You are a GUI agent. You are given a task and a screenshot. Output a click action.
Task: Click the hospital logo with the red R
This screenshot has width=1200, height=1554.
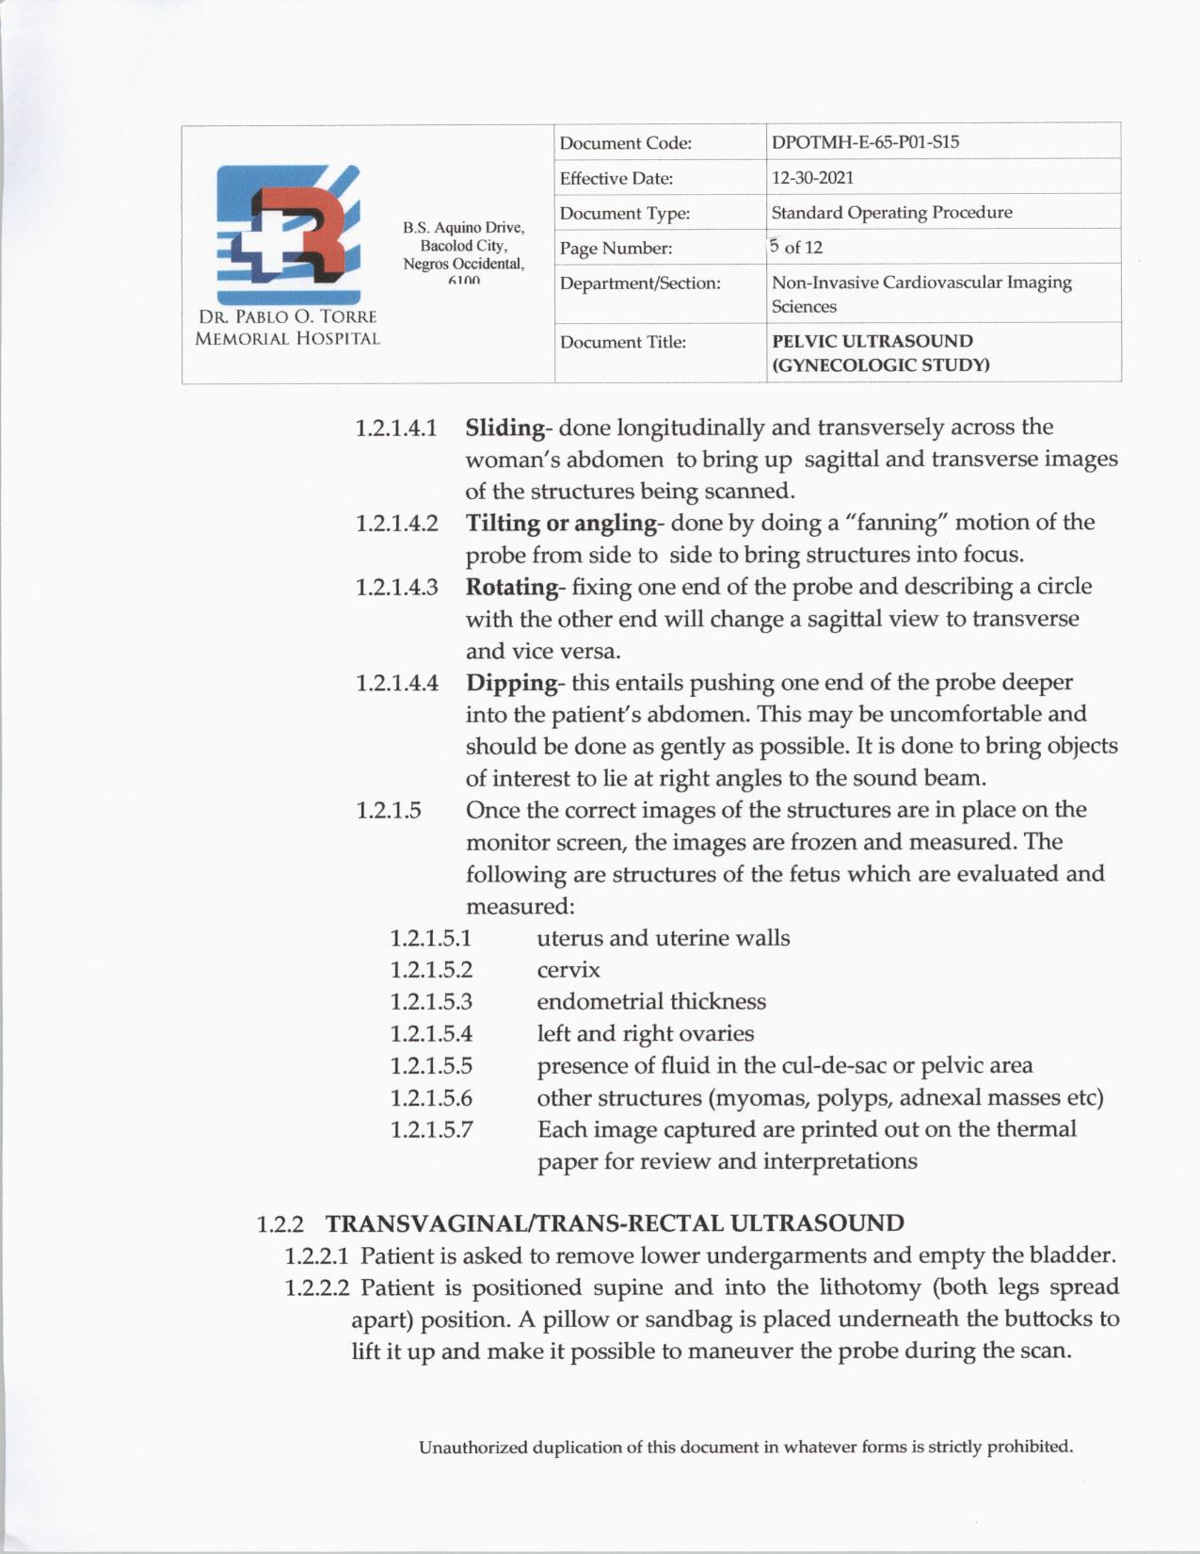click(287, 234)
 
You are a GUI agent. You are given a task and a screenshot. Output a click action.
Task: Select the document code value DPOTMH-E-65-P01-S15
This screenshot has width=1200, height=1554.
click(865, 142)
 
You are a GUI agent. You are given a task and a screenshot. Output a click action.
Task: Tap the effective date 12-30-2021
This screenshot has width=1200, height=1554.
click(812, 177)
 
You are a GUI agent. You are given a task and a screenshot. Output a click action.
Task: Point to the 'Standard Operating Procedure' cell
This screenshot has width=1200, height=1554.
click(891, 212)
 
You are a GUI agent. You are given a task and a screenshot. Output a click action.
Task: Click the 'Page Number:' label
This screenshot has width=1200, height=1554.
click(616, 249)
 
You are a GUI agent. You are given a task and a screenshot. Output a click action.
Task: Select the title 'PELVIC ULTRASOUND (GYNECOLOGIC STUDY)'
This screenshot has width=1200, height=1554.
click(880, 353)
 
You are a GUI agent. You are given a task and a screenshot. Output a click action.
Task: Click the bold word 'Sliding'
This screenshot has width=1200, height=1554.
click(504, 428)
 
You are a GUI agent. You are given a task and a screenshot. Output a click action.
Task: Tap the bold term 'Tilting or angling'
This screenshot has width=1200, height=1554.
click(561, 523)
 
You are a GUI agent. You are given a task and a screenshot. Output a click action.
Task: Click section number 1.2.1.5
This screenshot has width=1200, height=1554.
click(389, 811)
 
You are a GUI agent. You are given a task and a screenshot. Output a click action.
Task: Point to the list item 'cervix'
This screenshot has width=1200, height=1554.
click(568, 970)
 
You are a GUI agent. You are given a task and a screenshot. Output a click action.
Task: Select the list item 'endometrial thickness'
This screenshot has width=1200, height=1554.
click(651, 1002)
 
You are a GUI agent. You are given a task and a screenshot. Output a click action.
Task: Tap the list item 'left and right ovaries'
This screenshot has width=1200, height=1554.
click(645, 1034)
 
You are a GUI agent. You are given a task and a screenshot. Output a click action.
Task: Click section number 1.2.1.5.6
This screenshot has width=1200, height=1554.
click(431, 1098)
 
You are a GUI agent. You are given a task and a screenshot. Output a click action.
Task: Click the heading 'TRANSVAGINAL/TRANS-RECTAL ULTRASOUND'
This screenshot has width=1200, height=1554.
click(615, 1223)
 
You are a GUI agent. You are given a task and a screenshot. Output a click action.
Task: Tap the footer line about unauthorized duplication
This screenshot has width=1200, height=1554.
click(745, 1447)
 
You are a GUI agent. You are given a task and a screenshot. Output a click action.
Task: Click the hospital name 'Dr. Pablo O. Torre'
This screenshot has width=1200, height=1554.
click(287, 317)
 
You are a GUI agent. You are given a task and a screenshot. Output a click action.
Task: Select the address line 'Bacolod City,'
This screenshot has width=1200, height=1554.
click(463, 246)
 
